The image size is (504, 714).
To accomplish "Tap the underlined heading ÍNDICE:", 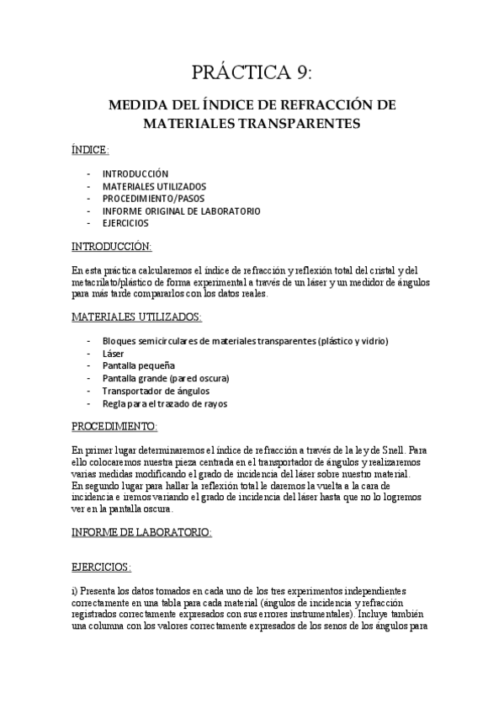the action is point(90,150).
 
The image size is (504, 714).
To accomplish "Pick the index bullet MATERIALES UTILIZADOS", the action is point(154,186).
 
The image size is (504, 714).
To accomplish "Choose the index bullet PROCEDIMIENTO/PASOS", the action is point(153,199).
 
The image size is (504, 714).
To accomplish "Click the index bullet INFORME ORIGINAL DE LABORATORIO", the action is point(181,211).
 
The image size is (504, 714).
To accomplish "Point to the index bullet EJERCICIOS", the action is point(125,224).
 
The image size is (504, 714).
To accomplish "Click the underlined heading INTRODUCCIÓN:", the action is point(111,247).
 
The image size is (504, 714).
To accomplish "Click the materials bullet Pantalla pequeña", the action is point(138,366).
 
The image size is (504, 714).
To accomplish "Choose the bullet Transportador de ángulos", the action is point(156,392).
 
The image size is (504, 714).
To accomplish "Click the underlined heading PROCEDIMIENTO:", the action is point(114,427).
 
